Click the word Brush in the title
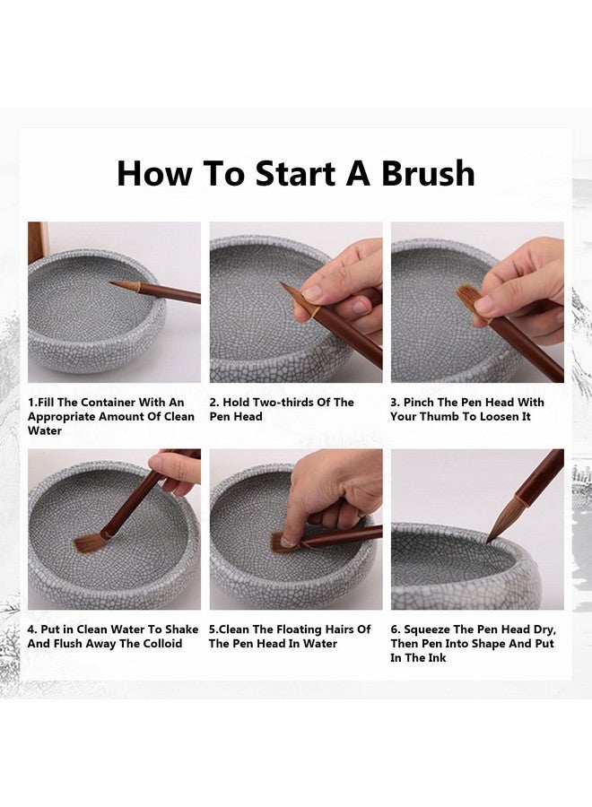[427, 173]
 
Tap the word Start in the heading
[295, 173]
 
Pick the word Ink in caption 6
[438, 658]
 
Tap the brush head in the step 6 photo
[502, 520]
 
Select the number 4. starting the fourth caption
[32, 629]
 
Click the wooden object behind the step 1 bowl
[38, 242]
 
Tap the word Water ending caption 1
[45, 430]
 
